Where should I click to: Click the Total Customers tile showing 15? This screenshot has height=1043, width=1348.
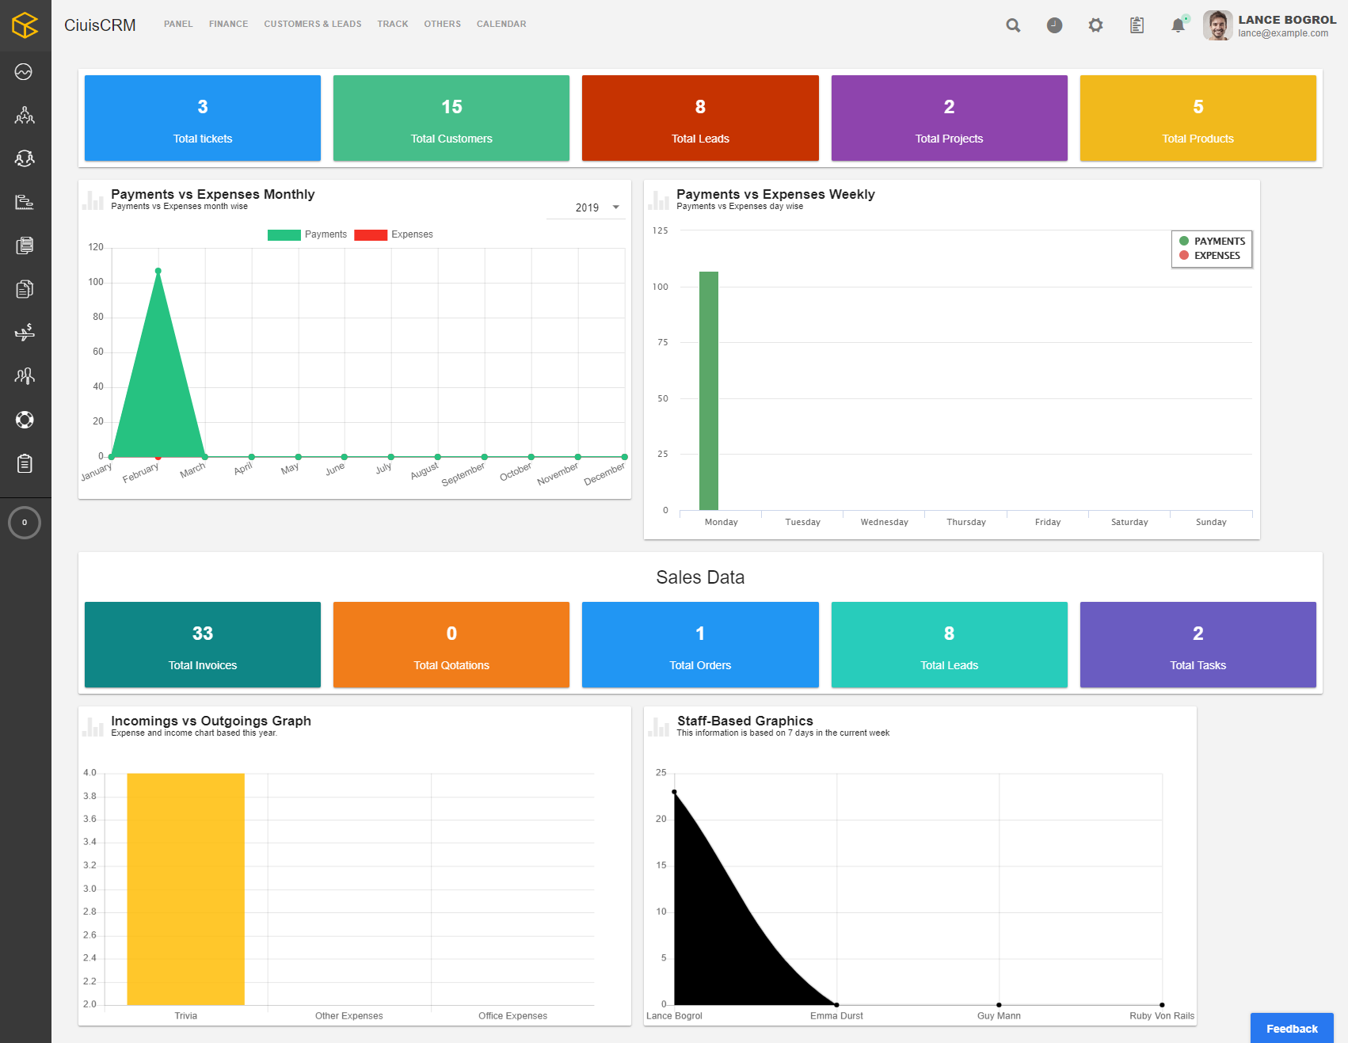[x=451, y=118]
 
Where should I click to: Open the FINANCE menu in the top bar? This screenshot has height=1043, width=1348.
[x=228, y=24]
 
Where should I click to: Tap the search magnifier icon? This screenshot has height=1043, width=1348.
[x=1013, y=25]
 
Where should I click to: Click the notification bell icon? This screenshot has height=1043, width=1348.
[x=1178, y=25]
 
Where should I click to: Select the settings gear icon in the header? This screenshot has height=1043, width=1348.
[x=1095, y=25]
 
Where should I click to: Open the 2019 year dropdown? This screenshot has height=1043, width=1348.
[x=597, y=207]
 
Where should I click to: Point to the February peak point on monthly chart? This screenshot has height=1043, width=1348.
[x=158, y=271]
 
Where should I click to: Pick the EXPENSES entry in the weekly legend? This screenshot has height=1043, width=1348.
[x=1217, y=256]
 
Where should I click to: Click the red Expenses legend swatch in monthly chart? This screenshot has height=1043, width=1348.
[x=371, y=234]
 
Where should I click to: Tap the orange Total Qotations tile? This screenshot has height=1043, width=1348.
[x=451, y=645]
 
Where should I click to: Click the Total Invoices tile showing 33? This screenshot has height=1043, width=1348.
[x=203, y=645]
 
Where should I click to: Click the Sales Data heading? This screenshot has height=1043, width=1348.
[x=700, y=577]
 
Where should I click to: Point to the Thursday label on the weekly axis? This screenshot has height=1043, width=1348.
[x=966, y=522]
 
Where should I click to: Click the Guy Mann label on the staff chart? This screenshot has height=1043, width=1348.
[x=999, y=1016]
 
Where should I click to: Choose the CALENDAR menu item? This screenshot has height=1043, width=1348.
[x=501, y=24]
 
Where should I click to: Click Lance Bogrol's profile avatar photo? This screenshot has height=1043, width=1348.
[x=1217, y=25]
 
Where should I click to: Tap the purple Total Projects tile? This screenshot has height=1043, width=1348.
[x=949, y=118]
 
